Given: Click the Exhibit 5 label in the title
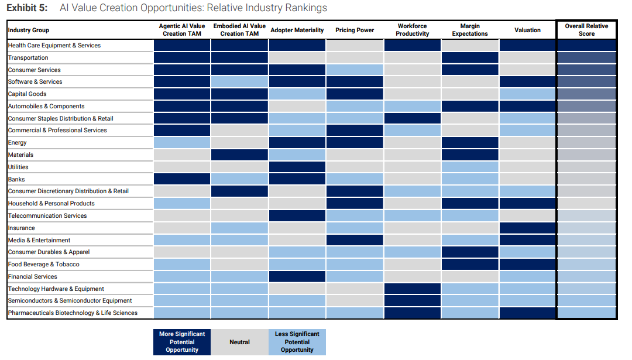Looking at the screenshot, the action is (27, 8).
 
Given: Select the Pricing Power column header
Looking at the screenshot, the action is (355, 30).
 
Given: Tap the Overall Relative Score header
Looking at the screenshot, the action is (586, 30).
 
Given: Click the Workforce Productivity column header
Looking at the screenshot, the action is (413, 30).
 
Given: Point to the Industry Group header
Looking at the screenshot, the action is (29, 30).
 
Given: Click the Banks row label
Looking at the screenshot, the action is (16, 179).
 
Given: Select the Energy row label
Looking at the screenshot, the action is (18, 143).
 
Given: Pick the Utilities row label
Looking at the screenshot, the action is (18, 167).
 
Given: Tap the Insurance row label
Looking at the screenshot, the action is (22, 228).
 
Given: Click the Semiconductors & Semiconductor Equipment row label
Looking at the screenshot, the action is (70, 301).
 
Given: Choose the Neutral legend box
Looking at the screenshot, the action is (239, 342).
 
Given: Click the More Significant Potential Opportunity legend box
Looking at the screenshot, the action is (182, 342).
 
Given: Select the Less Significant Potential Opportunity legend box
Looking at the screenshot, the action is (297, 342).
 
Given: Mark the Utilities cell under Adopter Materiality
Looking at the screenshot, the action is (297, 167).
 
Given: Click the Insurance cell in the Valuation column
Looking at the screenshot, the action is (528, 228).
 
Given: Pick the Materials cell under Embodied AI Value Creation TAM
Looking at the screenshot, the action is (239, 155).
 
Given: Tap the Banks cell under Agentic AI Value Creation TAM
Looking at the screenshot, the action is (182, 179).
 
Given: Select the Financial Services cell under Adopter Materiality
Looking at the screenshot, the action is (297, 276).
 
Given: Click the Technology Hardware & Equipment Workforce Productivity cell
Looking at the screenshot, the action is (413, 289).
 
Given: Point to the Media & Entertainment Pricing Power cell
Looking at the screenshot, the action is (355, 240).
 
